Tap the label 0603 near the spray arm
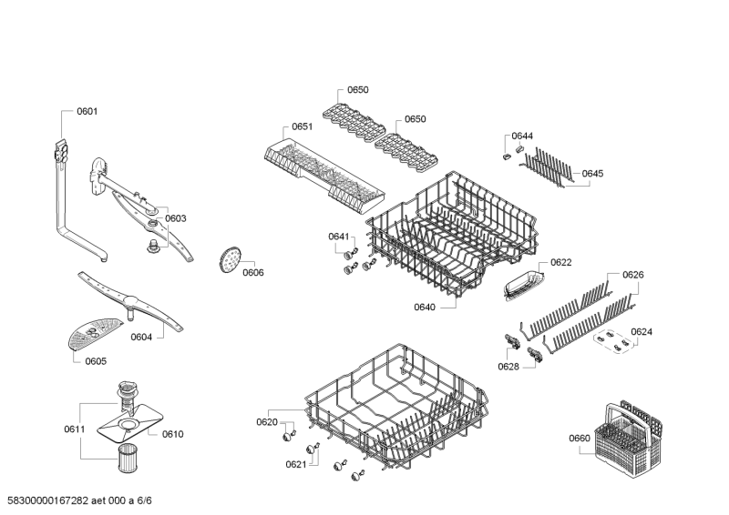point(175,218)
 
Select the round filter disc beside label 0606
point(229,259)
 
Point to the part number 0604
point(141,338)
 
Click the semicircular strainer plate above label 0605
point(95,333)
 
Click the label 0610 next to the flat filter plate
point(173,434)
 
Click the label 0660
point(580,439)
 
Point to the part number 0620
point(266,422)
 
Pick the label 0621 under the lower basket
point(296,464)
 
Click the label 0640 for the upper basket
point(425,307)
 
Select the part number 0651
point(303,127)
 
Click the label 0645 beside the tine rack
point(592,173)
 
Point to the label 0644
point(522,136)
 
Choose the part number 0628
point(508,366)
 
